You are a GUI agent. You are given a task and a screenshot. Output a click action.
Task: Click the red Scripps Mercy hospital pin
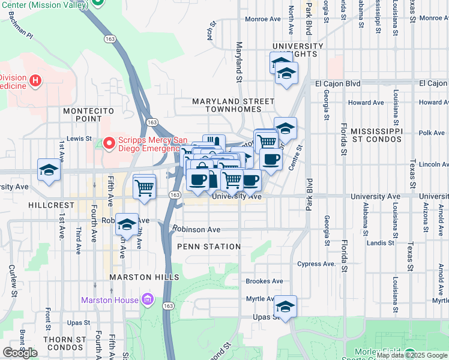(109, 143)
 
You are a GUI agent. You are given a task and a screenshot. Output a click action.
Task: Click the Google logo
(20, 352)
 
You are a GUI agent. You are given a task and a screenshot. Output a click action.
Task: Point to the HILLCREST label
(51, 205)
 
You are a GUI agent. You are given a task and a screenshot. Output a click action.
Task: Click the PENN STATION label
(209, 247)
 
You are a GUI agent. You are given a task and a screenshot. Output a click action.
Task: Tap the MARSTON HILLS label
(144, 277)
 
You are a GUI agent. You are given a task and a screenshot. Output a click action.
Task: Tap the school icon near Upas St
(286, 306)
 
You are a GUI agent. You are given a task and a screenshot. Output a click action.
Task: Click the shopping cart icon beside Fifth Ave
(144, 187)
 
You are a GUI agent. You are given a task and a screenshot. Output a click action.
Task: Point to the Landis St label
(380, 243)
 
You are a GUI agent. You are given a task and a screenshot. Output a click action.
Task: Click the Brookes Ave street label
(264, 281)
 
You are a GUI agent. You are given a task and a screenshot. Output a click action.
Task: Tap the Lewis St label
(79, 139)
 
